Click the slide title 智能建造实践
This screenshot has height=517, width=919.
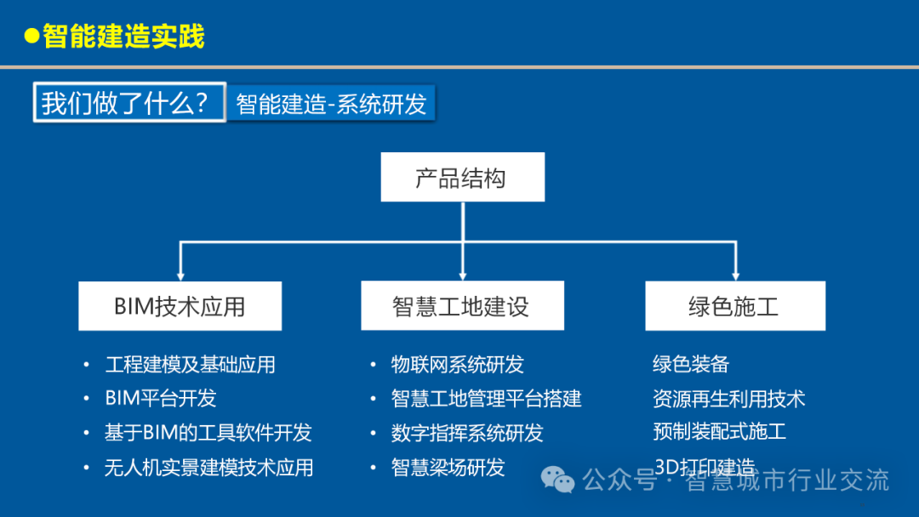click(124, 37)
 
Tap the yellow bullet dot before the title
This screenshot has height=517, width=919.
click(32, 37)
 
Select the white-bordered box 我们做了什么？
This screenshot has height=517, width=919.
click(129, 103)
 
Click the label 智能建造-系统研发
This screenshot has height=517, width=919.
click(331, 104)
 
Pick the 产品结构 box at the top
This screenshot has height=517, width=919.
click(461, 178)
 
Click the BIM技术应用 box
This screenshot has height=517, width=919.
click(180, 306)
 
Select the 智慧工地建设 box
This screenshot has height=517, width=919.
click(461, 306)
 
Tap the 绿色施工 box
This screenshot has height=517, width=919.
click(734, 306)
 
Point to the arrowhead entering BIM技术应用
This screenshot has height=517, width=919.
click(180, 275)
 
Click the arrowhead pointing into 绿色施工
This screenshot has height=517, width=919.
click(735, 275)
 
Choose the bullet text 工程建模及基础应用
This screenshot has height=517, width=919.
click(190, 365)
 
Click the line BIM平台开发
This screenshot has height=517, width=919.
click(161, 398)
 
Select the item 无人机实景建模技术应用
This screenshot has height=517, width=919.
click(208, 467)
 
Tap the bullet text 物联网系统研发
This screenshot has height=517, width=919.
click(457, 365)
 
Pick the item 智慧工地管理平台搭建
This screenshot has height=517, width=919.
click(486, 398)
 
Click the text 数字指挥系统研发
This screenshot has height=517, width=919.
click(466, 433)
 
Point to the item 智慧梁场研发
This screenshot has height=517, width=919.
click(448, 467)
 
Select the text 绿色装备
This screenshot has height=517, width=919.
click(691, 365)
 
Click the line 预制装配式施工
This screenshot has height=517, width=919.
click(719, 431)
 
